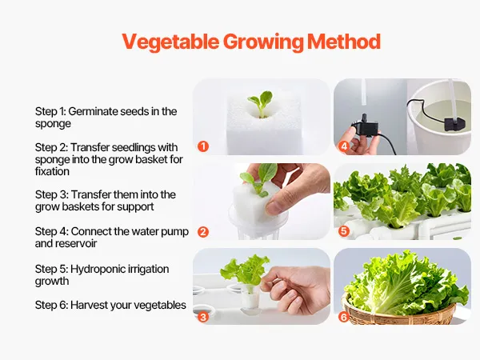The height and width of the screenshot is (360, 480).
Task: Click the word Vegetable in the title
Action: click(170, 42)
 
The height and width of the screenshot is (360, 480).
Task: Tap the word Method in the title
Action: click(344, 42)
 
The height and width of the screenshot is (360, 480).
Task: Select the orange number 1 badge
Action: click(203, 146)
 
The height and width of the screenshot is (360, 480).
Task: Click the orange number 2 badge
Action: click(203, 232)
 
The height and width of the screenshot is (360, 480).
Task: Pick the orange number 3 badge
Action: click(203, 317)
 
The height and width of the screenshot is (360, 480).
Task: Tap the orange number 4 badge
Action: click(344, 146)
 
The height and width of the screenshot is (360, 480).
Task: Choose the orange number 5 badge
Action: click(344, 231)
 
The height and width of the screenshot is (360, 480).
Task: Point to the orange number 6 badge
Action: click(344, 317)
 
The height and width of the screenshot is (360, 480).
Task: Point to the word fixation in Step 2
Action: click(52, 171)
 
